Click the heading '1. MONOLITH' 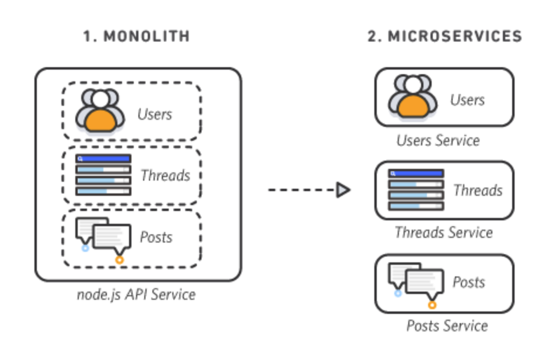click(136, 36)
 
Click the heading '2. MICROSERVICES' click(444, 36)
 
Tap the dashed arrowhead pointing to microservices click(343, 190)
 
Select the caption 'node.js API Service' click(136, 294)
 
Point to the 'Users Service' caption click(438, 141)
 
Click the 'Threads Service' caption click(443, 233)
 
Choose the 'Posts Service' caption click(447, 325)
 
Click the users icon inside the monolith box click(100, 110)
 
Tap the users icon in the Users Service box click(413, 96)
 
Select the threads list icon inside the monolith click(103, 175)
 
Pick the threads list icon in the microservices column click(416, 190)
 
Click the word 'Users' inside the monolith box click(155, 114)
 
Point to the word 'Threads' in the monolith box click(165, 175)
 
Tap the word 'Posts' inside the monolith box click(156, 237)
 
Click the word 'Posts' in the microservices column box click(469, 282)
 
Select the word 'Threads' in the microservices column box click(478, 191)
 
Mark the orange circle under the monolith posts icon click(120, 259)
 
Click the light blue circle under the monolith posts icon click(85, 248)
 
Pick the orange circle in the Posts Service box click(432, 304)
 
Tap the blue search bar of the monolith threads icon click(103, 158)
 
